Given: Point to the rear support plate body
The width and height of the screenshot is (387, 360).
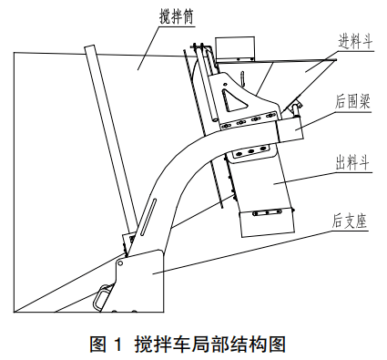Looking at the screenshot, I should pos(146,283).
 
